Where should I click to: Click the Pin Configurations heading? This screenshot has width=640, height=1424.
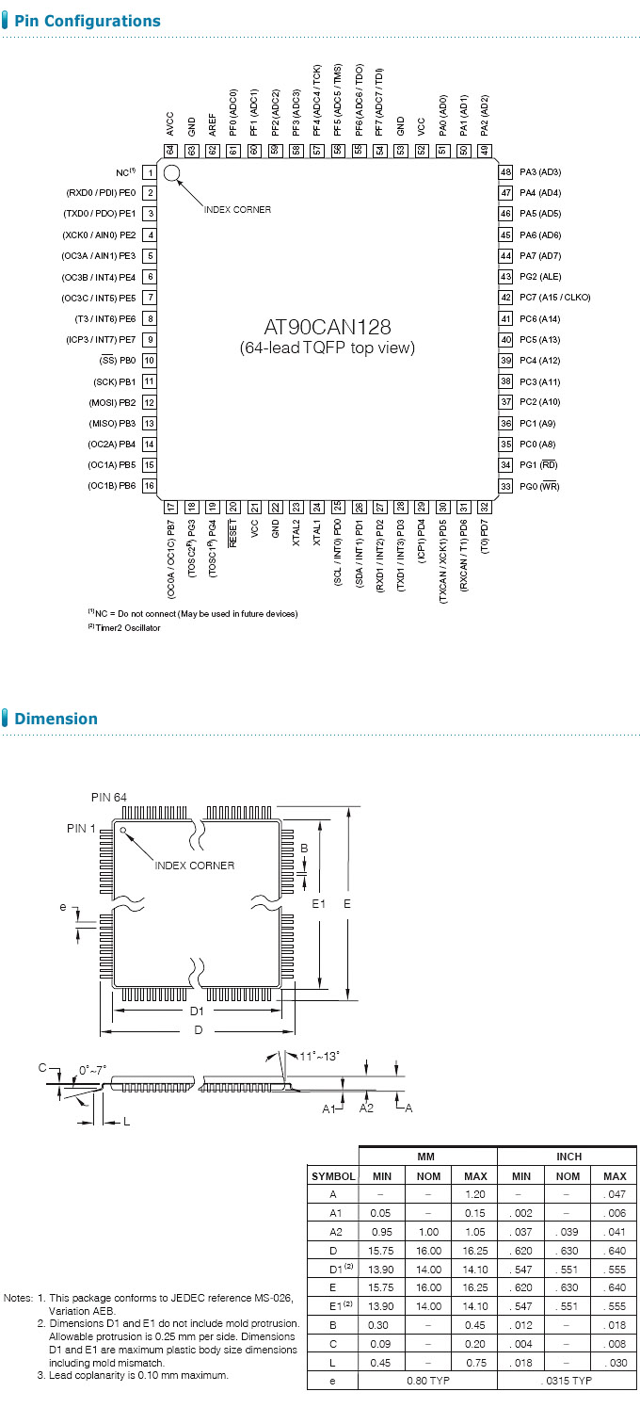click(x=88, y=21)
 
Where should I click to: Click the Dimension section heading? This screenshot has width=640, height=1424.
click(x=56, y=719)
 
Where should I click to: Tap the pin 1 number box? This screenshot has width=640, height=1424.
click(x=150, y=172)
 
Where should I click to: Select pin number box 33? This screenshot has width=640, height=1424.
click(x=505, y=486)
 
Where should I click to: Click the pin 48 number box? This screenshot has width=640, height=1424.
click(x=505, y=172)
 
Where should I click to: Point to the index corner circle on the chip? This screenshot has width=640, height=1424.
click(x=171, y=172)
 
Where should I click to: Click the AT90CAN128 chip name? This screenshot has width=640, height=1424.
click(x=327, y=328)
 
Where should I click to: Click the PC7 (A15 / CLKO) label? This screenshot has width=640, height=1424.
click(x=555, y=298)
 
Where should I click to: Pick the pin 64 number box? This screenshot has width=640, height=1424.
click(x=170, y=150)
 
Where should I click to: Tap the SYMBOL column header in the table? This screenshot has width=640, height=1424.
click(x=333, y=1176)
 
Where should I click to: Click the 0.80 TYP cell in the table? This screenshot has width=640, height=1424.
click(x=428, y=1380)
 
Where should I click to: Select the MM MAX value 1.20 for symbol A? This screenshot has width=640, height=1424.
click(x=474, y=1193)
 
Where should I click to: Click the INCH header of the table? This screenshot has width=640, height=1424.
click(x=568, y=1156)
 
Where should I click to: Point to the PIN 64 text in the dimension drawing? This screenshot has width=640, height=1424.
click(x=109, y=798)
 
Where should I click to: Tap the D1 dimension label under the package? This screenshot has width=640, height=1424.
click(x=197, y=1011)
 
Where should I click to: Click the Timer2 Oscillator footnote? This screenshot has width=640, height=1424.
click(x=126, y=628)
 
